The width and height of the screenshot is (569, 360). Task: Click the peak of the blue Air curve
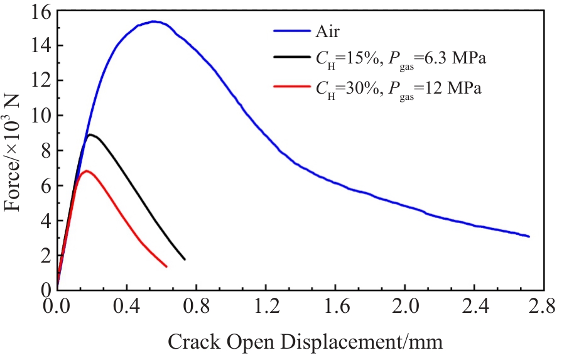click(x=153, y=21)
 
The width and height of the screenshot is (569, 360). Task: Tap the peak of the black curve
click(x=90, y=134)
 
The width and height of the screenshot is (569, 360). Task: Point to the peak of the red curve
click(x=86, y=170)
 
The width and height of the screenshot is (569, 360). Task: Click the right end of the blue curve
click(x=529, y=237)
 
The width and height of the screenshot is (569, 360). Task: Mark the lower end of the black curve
click(x=185, y=259)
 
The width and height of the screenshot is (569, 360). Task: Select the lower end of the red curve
click(x=166, y=267)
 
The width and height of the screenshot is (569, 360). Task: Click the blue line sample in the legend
click(x=292, y=31)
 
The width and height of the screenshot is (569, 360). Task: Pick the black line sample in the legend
click(x=292, y=57)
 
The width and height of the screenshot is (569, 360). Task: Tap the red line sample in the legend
click(x=292, y=86)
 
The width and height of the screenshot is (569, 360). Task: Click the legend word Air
click(x=328, y=31)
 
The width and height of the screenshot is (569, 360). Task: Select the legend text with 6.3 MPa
click(x=401, y=59)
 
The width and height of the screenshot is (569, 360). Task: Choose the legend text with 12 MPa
click(x=399, y=89)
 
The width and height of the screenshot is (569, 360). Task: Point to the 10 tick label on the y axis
click(x=41, y=116)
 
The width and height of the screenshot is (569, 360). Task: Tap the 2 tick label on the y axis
click(x=46, y=256)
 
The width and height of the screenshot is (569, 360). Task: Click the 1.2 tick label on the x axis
click(x=267, y=306)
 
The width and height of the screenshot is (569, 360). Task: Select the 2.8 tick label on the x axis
click(x=541, y=306)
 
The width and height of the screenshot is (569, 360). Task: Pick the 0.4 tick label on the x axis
click(x=127, y=306)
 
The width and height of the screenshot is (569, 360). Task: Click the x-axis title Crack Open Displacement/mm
click(x=305, y=342)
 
